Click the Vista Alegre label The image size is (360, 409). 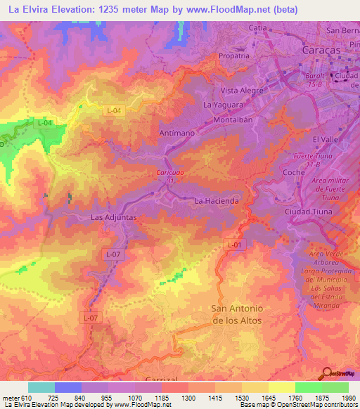coord(242,91)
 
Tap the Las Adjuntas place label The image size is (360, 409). coord(113,218)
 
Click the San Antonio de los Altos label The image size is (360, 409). coord(237,315)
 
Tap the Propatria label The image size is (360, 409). coord(234,56)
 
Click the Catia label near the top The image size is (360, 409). coord(258,27)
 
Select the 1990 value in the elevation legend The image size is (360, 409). coord(349,398)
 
